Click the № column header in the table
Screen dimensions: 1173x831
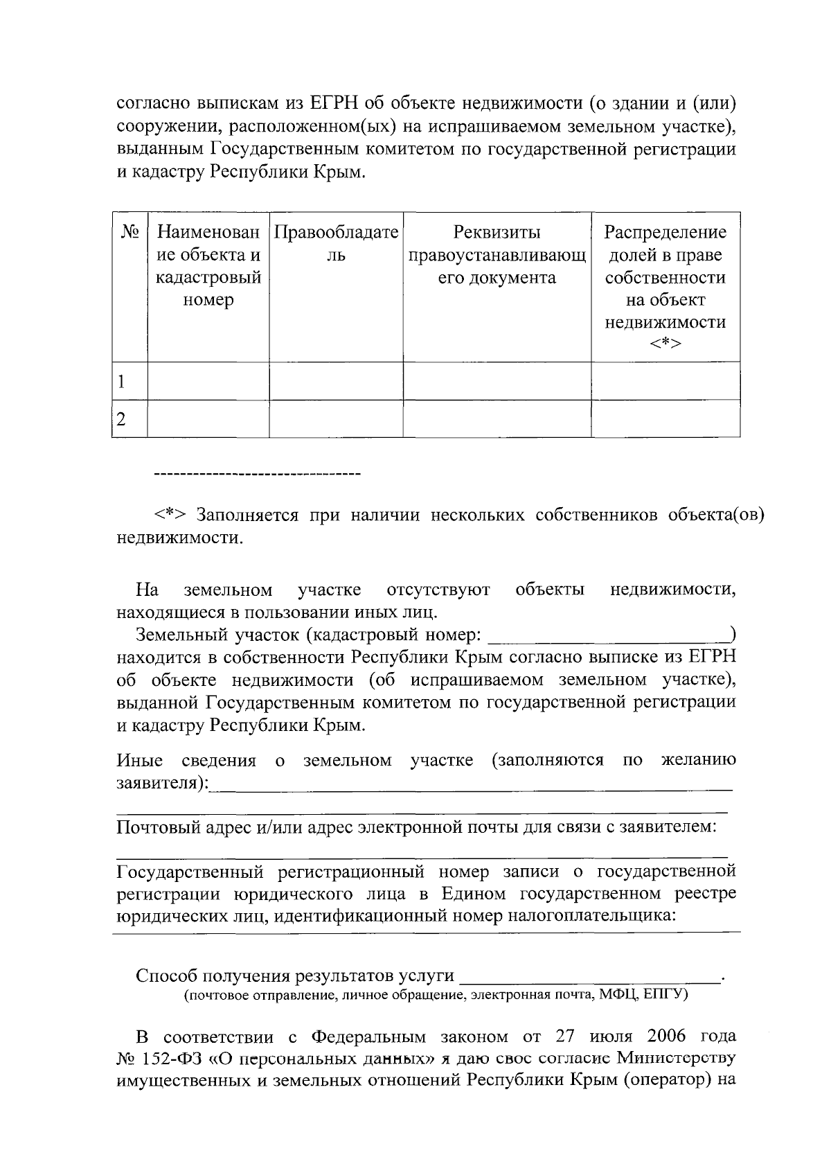(129, 232)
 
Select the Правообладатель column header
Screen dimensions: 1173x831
(336, 244)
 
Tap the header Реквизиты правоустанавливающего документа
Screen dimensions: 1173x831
(497, 255)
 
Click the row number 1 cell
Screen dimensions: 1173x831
(129, 381)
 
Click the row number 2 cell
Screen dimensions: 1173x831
(129, 418)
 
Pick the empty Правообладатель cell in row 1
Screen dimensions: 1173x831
(336, 381)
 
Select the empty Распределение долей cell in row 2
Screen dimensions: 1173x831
(665, 418)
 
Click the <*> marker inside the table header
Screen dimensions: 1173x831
(665, 344)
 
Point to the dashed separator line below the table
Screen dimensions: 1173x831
(256, 475)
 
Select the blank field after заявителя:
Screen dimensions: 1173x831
(471, 786)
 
